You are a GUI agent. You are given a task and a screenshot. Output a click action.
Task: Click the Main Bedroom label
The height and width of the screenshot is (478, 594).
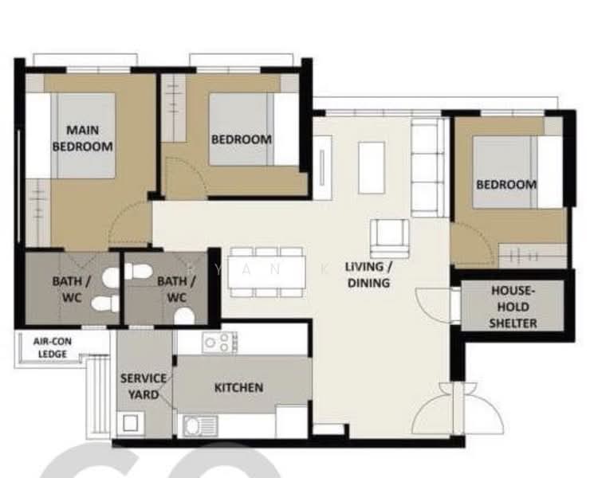coord(83,138)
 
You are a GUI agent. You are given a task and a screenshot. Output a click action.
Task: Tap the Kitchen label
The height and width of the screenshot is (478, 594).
coord(238,387)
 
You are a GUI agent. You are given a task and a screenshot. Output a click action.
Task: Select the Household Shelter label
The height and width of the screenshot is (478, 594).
coord(513,307)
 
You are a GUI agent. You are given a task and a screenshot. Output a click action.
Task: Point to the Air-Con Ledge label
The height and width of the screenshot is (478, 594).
coord(53,347)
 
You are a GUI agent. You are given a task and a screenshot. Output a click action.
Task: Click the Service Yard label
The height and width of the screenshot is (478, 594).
coord(144,386)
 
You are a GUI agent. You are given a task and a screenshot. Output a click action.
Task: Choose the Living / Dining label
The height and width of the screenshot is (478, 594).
coord(368,275)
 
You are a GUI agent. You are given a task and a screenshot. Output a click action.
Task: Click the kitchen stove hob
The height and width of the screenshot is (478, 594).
coord(220,343)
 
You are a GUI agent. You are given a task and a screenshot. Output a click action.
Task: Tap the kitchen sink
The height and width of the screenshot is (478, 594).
coord(199,425)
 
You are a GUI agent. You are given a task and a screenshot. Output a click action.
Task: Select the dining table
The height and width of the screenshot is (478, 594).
coord(267,272)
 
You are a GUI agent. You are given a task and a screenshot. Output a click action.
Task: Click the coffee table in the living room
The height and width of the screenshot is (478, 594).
coord(372,167)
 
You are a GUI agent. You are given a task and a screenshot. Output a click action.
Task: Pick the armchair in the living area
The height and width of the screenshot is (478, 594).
coord(390,238)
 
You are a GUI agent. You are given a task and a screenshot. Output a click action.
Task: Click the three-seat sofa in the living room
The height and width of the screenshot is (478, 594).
coord(428,167)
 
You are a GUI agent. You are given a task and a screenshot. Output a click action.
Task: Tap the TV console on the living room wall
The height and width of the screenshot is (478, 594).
coord(322,167)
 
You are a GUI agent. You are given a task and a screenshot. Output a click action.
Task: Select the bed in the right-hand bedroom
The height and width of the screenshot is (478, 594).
coord(517,172)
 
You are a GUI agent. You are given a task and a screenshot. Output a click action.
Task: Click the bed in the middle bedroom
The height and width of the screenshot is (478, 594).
coord(254,129)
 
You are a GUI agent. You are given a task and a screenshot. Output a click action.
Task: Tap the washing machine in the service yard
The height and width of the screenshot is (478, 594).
coord(130,423)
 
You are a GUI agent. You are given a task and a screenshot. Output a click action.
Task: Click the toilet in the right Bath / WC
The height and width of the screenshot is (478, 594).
coord(184,316)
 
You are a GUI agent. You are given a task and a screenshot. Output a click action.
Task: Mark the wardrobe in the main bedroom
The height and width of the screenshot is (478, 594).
coord(38,213)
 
